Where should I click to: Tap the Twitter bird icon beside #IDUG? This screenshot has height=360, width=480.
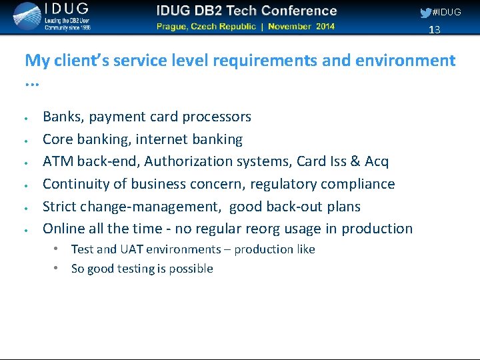coord(425,13)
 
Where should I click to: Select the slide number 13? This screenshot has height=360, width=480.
coord(435,30)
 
